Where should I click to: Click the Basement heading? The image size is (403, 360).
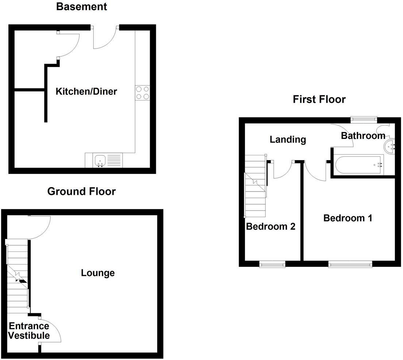click(82, 7)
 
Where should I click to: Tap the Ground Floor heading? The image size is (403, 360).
click(81, 191)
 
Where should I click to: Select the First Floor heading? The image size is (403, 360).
click(319, 99)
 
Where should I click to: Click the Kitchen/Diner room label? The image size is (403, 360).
click(86, 91)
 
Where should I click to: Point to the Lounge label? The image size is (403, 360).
click(98, 273)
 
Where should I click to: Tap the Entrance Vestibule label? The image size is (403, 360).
click(29, 331)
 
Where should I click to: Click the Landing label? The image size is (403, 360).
click(288, 139)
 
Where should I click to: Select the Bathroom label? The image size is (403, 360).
click(363, 136)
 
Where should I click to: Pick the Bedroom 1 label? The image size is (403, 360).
click(348, 218)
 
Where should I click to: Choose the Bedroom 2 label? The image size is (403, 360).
click(270, 227)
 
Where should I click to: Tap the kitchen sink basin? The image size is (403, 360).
click(100, 160)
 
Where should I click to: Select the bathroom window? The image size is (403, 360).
click(364, 118)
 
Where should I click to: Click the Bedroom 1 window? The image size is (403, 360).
click(350, 264)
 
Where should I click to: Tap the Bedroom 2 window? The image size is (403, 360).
click(272, 264)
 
